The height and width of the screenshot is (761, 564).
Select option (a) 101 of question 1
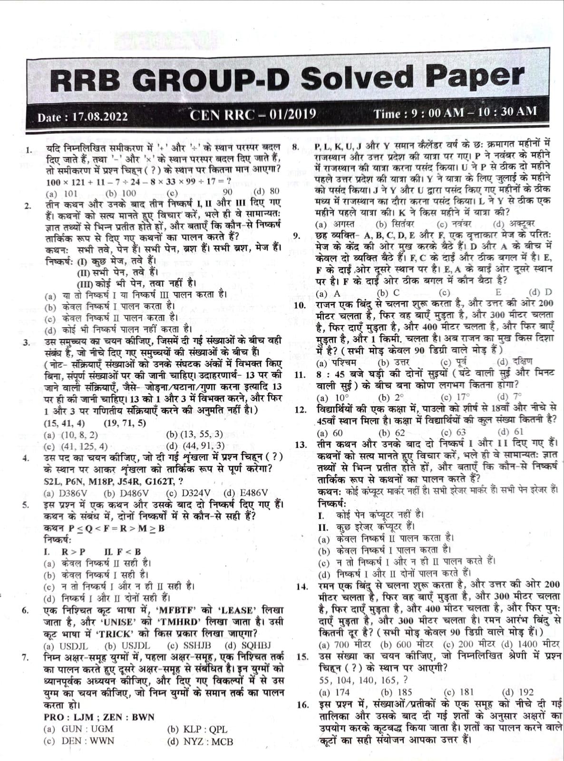coord(61,193)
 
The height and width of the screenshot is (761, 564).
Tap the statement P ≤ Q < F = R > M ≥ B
coord(104,528)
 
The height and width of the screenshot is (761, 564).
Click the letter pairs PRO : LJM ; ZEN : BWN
coord(99,717)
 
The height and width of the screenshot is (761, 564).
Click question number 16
coord(302,705)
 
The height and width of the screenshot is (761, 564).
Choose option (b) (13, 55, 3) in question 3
coord(194,434)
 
